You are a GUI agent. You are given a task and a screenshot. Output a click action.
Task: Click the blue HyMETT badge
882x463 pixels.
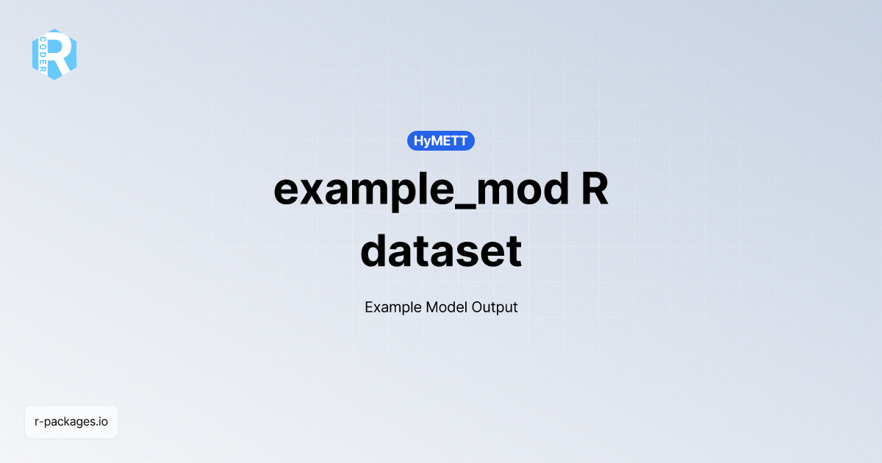(441, 140)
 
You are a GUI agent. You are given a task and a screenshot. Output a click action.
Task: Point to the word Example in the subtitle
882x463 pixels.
(392, 307)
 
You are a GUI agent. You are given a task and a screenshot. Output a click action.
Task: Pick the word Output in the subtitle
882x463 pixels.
(494, 307)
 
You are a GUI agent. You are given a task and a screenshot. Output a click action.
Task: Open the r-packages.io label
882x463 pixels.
(71, 422)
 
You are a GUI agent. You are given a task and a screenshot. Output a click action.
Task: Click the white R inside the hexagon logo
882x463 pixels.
(62, 54)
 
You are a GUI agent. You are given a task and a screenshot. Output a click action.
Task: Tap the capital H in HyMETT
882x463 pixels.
(418, 140)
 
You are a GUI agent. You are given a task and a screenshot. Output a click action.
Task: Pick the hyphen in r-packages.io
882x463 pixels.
(42, 423)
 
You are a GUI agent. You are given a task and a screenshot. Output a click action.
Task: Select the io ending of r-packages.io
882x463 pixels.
(104, 422)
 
